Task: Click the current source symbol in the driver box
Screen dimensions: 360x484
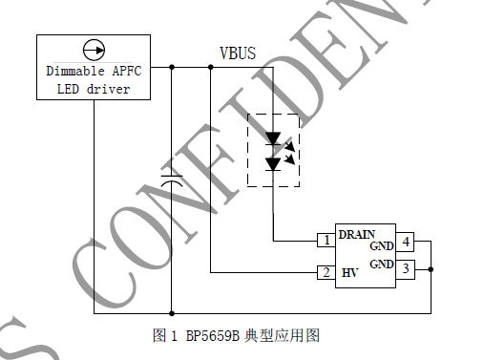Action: point(94,49)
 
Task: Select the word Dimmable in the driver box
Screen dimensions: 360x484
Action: point(76,71)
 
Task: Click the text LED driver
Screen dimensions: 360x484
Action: point(95,90)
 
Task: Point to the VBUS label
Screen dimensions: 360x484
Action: point(238,53)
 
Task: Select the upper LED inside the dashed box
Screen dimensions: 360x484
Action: point(274,138)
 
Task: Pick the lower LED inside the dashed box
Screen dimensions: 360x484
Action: point(274,163)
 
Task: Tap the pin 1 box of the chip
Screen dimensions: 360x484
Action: point(326,240)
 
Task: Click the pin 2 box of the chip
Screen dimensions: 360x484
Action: point(326,273)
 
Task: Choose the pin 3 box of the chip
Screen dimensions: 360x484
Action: point(405,268)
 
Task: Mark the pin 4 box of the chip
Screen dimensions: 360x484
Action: point(405,242)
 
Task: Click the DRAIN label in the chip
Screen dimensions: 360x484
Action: point(355,233)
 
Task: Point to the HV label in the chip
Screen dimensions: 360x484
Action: point(349,273)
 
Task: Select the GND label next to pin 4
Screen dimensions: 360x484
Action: point(382,245)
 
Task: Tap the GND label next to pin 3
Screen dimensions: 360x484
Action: point(382,264)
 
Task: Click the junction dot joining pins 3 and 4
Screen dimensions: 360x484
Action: point(431,268)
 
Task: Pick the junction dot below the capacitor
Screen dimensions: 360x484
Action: point(172,312)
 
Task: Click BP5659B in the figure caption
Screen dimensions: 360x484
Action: point(208,336)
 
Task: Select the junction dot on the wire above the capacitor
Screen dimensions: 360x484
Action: point(172,67)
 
